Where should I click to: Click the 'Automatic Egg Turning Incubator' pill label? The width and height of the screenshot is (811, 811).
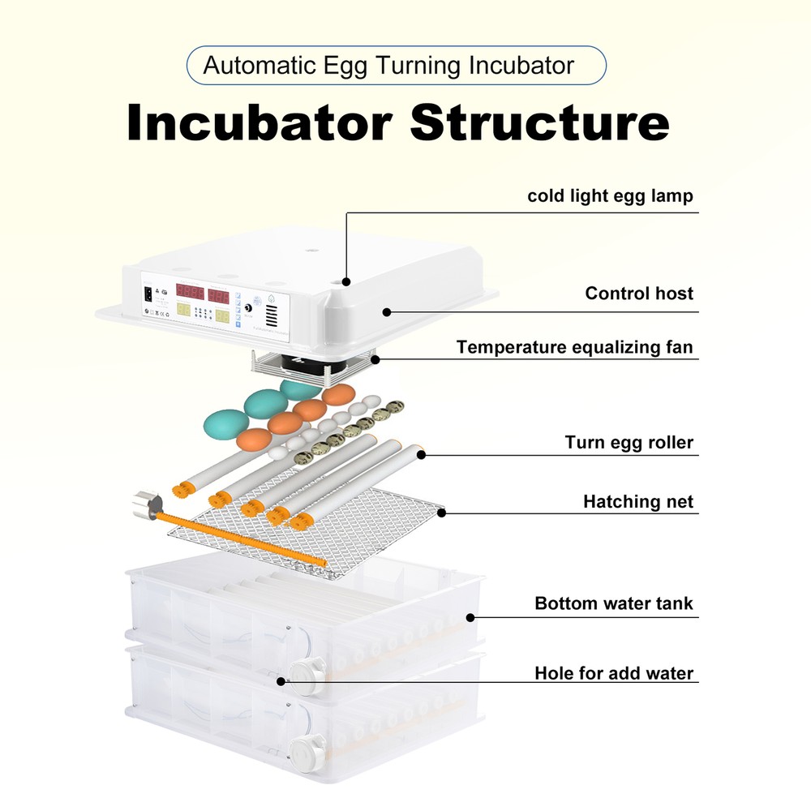click(x=396, y=66)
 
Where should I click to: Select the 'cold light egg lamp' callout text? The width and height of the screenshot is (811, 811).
click(x=610, y=195)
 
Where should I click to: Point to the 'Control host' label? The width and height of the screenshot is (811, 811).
click(x=639, y=293)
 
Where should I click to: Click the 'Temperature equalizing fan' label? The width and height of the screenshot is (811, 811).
click(x=574, y=347)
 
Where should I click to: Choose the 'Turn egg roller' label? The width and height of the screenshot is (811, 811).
click(x=629, y=443)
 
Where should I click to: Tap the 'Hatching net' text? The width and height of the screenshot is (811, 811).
click(x=638, y=502)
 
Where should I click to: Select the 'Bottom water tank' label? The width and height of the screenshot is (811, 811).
click(x=614, y=603)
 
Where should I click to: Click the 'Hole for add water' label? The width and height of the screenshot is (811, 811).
click(x=614, y=673)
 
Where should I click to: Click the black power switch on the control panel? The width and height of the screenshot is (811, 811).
click(x=148, y=294)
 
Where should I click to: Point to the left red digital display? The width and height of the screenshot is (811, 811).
click(x=190, y=294)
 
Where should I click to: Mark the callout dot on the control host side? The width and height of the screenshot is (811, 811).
click(x=387, y=311)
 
